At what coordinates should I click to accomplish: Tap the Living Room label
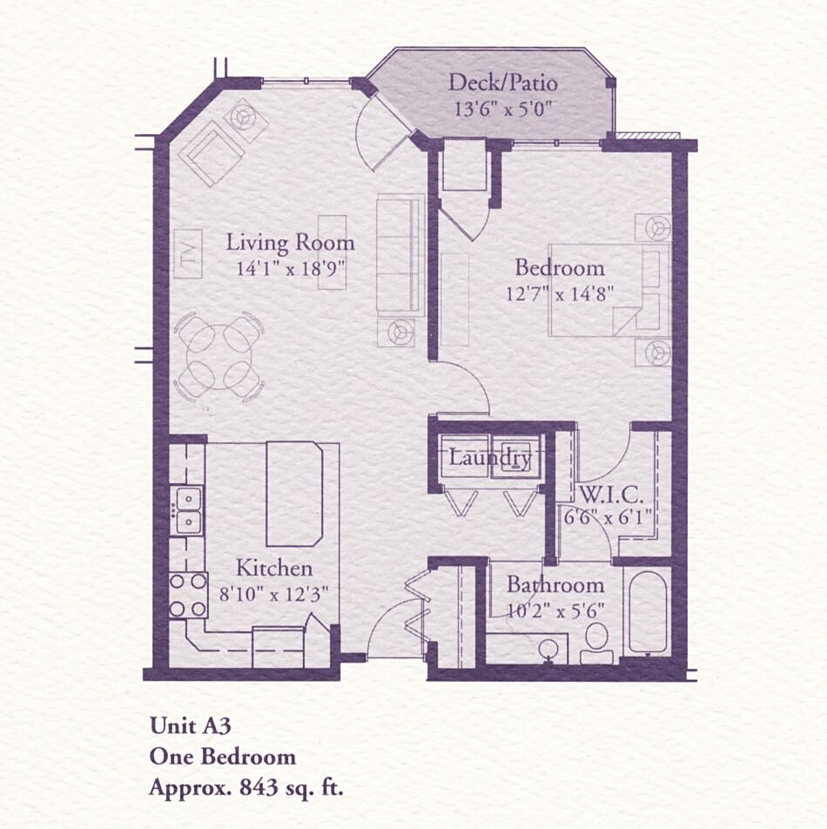click(290, 242)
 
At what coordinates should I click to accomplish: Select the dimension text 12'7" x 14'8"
click(561, 293)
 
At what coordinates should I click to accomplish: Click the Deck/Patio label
click(502, 84)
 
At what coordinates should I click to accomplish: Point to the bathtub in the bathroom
click(647, 612)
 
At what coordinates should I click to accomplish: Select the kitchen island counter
click(294, 494)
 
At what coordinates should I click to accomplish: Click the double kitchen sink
click(187, 511)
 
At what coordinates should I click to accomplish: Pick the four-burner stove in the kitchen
click(187, 595)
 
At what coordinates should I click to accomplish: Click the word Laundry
click(489, 457)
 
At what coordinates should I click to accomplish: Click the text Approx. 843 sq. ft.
click(246, 789)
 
